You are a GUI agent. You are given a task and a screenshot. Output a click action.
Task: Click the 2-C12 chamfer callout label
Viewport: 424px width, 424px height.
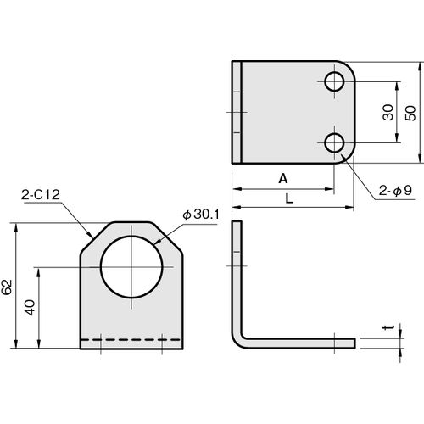(41, 195)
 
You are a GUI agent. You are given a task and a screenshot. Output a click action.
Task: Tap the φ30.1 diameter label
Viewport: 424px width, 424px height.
(201, 215)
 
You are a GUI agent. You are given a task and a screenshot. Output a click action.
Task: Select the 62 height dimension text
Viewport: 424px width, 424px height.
(7, 287)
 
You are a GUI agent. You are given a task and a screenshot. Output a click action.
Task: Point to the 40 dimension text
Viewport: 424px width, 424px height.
(30, 308)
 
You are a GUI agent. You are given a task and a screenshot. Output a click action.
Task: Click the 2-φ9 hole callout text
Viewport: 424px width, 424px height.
(395, 191)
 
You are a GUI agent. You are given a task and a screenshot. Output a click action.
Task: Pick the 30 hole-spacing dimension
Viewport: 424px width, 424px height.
(388, 113)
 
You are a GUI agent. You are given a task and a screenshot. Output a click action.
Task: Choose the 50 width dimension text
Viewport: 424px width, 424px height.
(410, 114)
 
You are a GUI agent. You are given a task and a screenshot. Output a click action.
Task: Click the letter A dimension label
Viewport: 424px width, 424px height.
(283, 179)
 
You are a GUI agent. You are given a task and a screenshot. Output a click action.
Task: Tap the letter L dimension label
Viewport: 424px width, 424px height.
(289, 199)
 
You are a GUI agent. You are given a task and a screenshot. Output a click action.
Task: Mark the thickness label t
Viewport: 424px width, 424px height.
(388, 327)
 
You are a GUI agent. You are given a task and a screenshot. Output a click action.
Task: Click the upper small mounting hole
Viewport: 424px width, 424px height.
(334, 82)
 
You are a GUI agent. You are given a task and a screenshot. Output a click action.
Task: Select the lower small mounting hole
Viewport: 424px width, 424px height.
(334, 143)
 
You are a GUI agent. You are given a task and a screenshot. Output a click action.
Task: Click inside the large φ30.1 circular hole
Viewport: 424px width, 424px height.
(131, 266)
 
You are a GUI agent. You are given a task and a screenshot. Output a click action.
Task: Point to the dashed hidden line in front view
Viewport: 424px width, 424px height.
(131, 339)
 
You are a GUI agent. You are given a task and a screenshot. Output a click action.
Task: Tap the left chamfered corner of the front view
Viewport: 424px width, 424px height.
(95, 237)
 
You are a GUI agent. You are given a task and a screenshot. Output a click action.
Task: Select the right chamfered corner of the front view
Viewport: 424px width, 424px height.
(168, 237)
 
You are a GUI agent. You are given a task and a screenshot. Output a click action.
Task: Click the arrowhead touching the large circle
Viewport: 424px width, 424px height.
(158, 242)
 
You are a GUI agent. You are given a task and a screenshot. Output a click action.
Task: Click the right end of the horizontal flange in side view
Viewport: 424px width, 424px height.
(354, 343)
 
